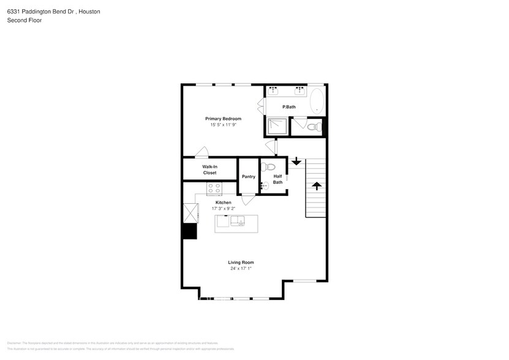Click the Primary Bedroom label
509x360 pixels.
(x=223, y=118)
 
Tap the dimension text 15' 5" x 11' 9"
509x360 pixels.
(x=223, y=124)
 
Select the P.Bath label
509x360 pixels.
(x=288, y=107)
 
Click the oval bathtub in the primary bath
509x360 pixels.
(x=317, y=101)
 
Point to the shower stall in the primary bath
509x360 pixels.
(x=276, y=126)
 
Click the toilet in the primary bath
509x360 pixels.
(x=312, y=127)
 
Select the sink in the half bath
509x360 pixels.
(x=263, y=182)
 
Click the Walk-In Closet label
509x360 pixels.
(x=209, y=170)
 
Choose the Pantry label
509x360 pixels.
(x=248, y=176)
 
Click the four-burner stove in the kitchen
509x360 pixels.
(x=214, y=189)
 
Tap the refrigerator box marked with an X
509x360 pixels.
(x=190, y=213)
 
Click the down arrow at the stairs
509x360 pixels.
(x=296, y=162)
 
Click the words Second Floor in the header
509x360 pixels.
(x=21, y=20)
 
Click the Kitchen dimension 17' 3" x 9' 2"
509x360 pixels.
(x=223, y=208)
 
